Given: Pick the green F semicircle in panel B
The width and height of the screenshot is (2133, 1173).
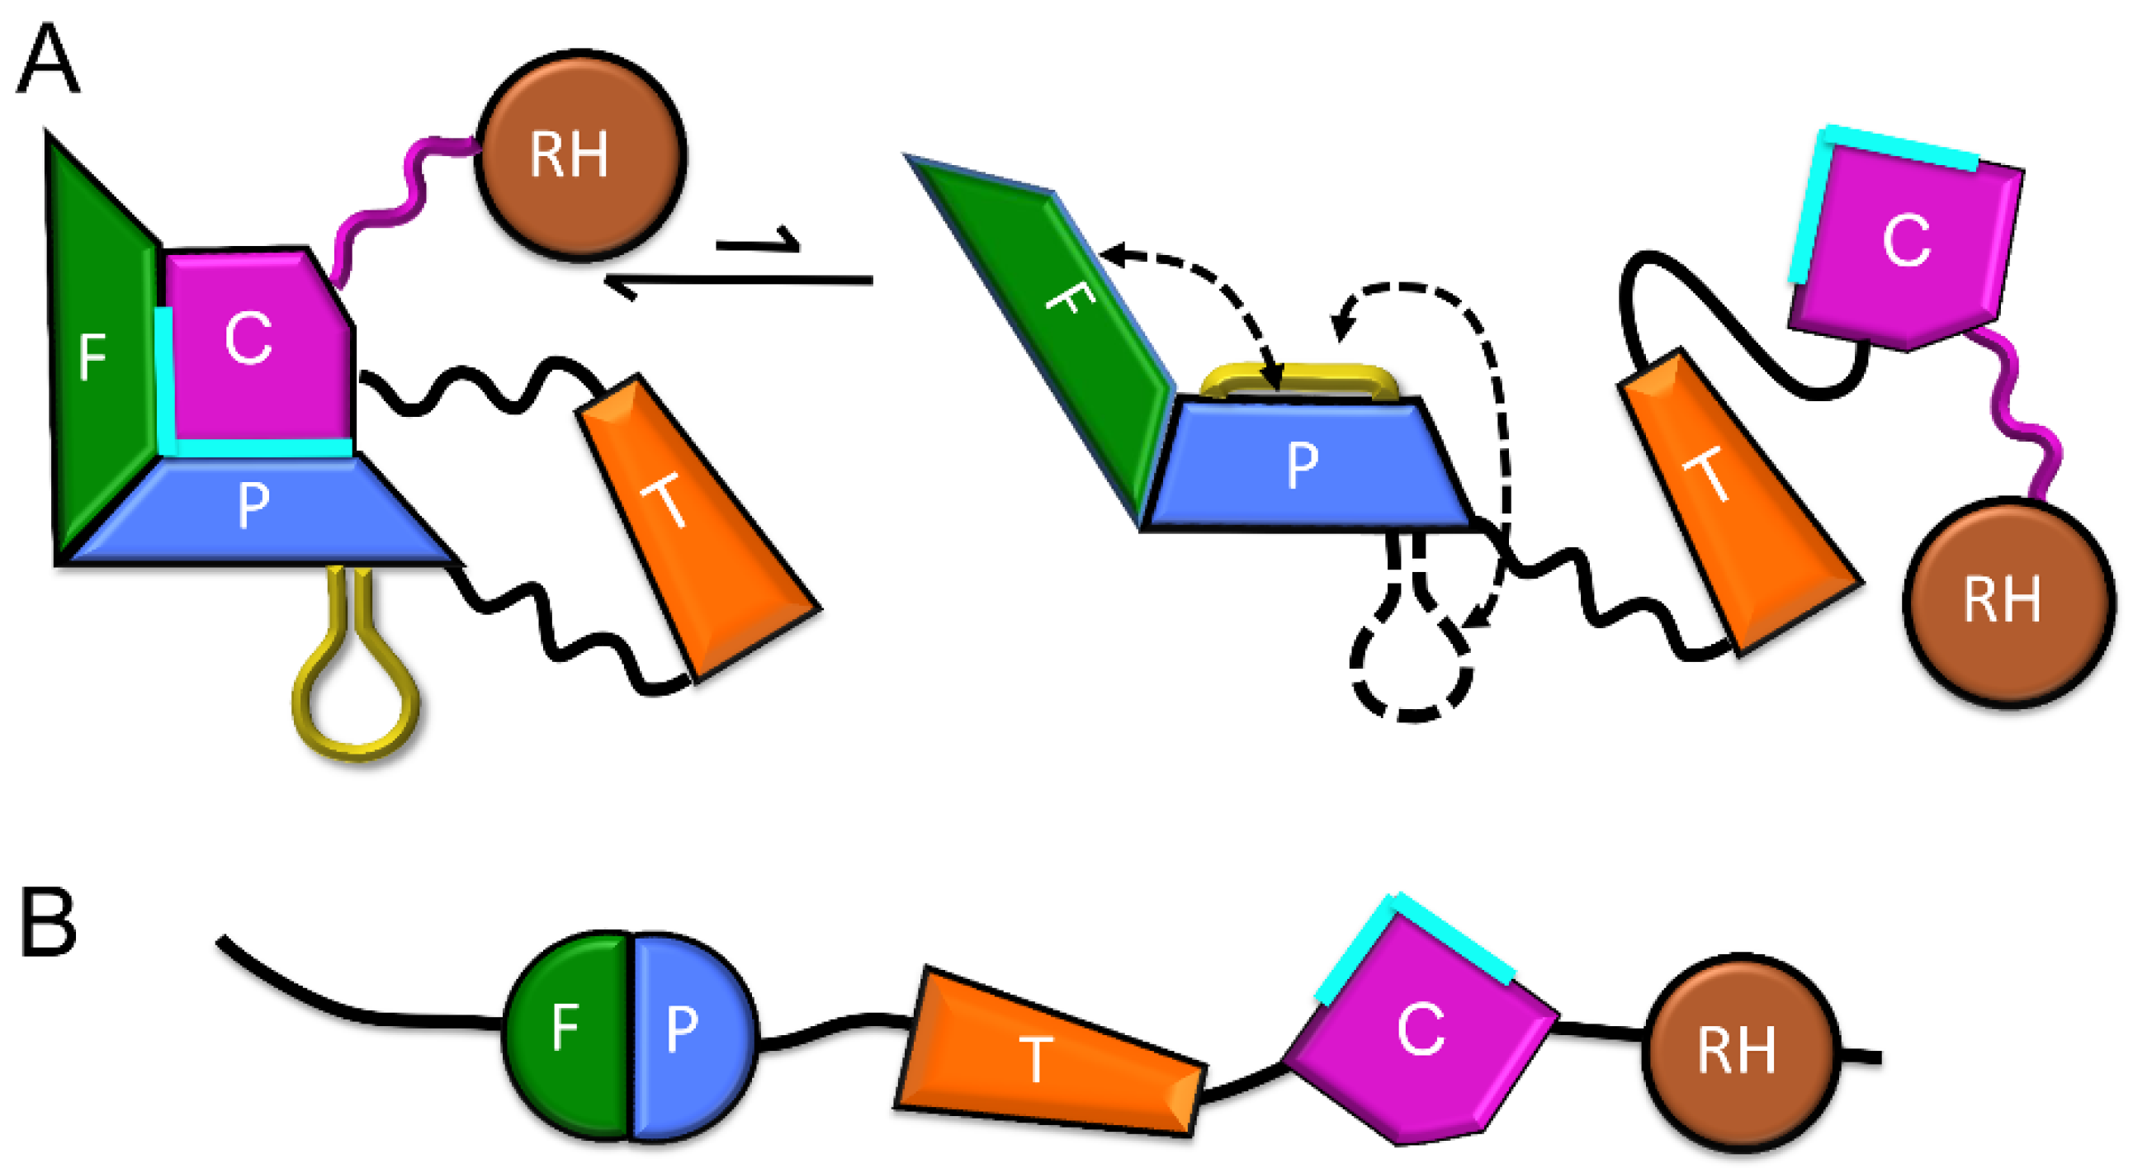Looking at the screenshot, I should (x=567, y=1035).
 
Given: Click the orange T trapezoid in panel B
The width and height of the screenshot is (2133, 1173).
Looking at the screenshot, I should (x=1048, y=1056).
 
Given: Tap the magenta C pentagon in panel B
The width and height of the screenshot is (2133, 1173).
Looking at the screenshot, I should (x=1420, y=1035).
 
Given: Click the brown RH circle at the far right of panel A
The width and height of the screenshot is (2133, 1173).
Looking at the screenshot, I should (x=2008, y=600).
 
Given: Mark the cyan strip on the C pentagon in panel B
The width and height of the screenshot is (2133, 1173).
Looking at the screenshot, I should (x=1416, y=944).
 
